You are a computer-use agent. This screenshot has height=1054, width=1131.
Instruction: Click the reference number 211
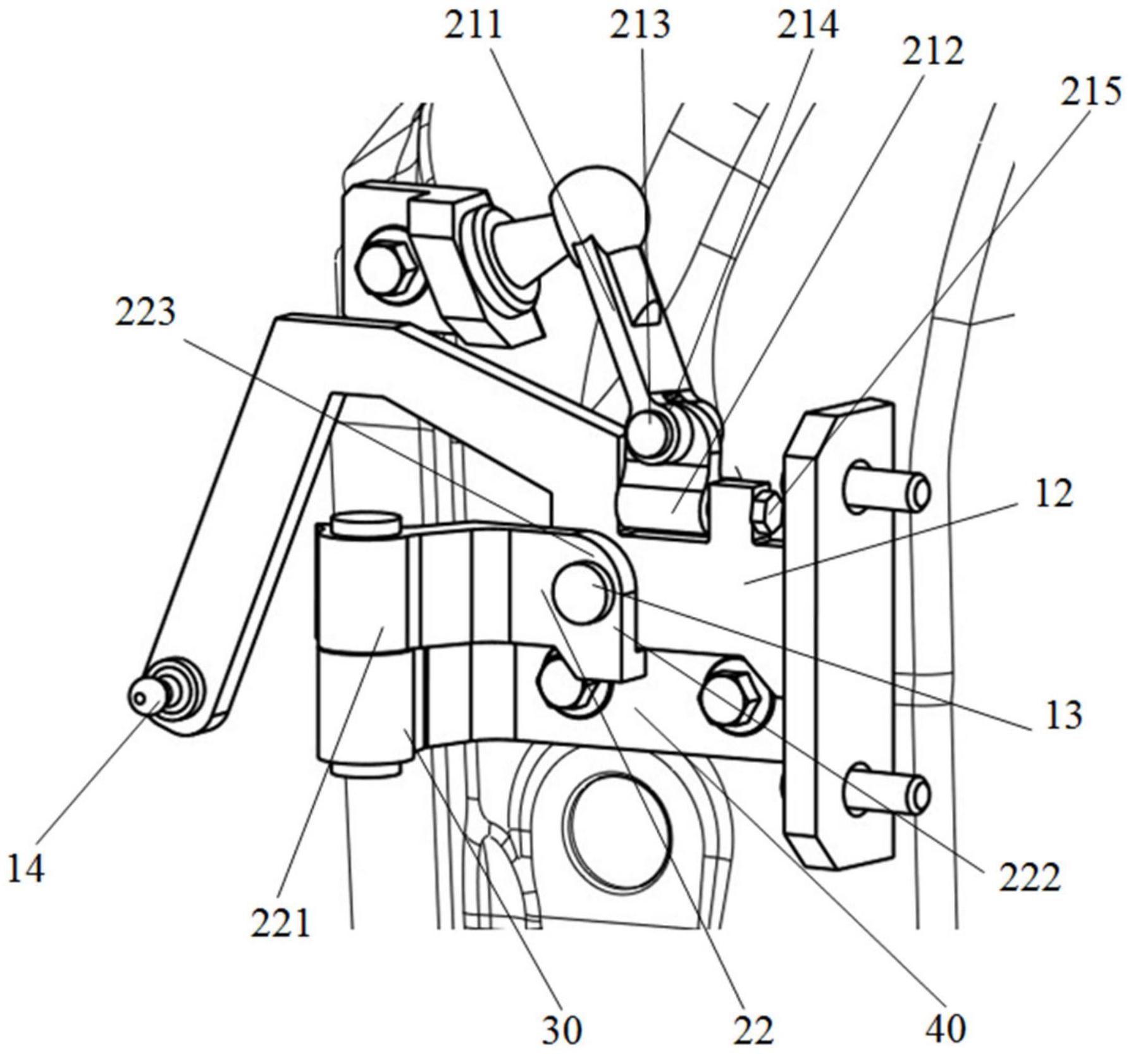(x=473, y=27)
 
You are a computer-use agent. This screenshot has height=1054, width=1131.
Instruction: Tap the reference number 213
(x=640, y=27)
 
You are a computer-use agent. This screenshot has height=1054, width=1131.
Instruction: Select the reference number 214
(x=808, y=27)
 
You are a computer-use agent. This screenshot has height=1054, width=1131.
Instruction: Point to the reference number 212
(x=933, y=52)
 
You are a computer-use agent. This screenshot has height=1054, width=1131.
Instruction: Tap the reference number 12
(x=1054, y=494)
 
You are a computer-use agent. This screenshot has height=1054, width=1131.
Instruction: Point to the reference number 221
(x=281, y=923)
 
